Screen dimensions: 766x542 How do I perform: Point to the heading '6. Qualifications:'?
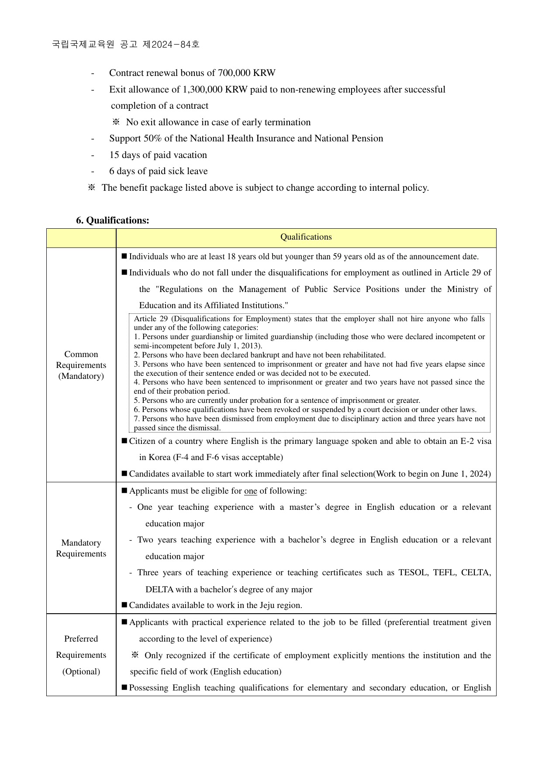113,220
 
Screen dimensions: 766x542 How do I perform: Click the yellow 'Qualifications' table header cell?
306,237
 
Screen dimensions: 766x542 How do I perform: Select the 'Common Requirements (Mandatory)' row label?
81,365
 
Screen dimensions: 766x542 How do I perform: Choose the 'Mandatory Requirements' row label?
81,548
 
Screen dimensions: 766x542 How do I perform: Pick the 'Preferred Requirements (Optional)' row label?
81,655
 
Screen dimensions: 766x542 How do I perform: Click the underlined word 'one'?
250,491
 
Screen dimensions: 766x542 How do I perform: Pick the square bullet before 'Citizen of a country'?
124,441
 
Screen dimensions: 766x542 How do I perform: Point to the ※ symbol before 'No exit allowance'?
116,122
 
